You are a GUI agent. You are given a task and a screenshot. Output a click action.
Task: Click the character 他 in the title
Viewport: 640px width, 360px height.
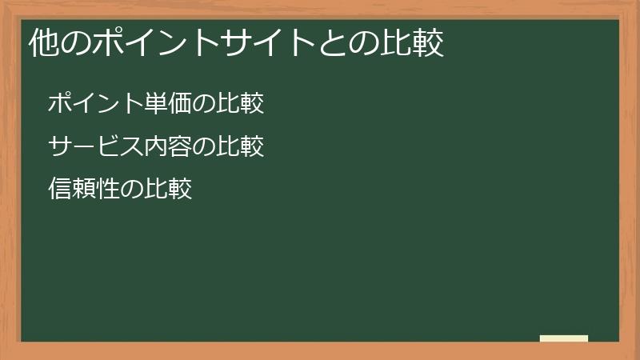(43, 44)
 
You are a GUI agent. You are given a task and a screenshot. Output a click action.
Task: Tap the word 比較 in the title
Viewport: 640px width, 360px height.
(415, 44)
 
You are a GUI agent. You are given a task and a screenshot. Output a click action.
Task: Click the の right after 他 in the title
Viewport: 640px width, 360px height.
(74, 44)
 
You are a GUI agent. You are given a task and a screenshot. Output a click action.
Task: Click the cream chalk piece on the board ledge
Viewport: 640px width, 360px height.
(564, 338)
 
